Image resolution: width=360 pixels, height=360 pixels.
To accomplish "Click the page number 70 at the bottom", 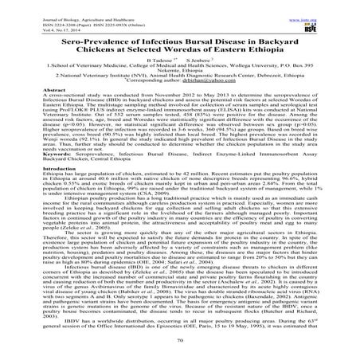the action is point(180,342).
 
